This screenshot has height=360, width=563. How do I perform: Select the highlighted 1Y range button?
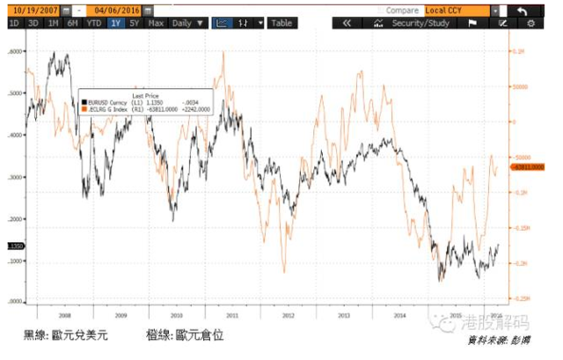click(x=115, y=23)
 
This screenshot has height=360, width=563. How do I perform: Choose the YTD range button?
click(x=93, y=23)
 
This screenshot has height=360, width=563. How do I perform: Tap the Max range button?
click(x=157, y=23)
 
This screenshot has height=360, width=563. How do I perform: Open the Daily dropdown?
click(x=188, y=23)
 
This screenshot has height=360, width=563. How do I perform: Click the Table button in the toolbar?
click(x=281, y=23)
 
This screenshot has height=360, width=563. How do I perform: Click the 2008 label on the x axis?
click(x=65, y=314)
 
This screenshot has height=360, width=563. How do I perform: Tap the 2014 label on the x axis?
click(x=398, y=314)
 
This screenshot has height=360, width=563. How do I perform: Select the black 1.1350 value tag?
click(x=15, y=246)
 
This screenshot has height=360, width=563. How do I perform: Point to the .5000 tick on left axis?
click(x=15, y=92)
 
